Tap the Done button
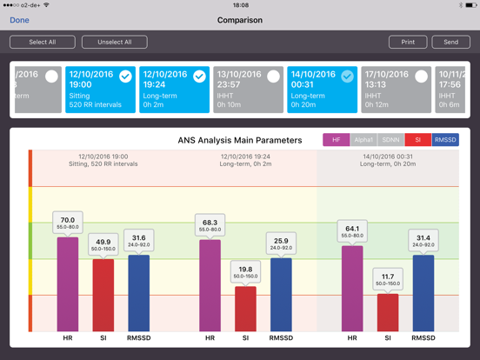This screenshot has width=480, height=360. (x=19, y=20)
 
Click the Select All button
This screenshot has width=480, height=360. (x=43, y=42)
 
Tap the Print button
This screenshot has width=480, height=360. (x=408, y=42)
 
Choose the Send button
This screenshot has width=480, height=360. (x=450, y=42)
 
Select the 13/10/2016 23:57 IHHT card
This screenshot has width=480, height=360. (x=248, y=89)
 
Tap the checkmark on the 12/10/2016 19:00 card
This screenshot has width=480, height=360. (x=126, y=77)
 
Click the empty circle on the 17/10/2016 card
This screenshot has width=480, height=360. (x=421, y=77)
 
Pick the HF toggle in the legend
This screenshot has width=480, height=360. (x=336, y=140)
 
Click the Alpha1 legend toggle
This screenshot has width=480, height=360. (x=363, y=140)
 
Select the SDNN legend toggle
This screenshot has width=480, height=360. (x=390, y=140)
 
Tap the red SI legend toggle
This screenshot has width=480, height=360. (x=417, y=140)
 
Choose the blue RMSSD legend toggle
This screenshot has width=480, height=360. (x=445, y=140)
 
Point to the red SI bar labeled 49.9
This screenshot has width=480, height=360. (x=103, y=296)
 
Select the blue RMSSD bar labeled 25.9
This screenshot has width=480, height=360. (x=281, y=295)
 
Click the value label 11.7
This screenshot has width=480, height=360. (x=387, y=279)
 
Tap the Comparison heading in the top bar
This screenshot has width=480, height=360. (x=240, y=20)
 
